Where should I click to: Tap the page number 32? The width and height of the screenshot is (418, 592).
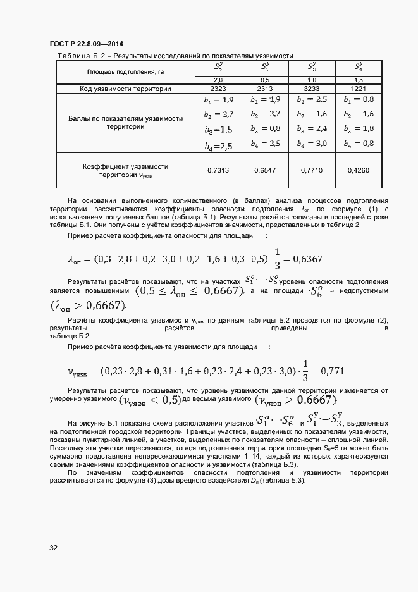tap(54, 548)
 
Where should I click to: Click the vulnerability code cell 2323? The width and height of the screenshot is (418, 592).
tap(218, 89)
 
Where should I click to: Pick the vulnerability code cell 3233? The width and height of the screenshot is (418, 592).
tap(312, 89)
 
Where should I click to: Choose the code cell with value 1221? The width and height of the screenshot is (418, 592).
tap(359, 89)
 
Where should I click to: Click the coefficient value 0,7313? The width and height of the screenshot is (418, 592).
tap(218, 170)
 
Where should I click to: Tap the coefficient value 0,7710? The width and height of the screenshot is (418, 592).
tap(312, 170)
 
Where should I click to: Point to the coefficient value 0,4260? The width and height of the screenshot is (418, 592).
tap(359, 170)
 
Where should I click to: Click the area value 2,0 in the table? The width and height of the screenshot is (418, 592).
tap(218, 80)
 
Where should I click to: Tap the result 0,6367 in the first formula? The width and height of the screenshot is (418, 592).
tap(305, 259)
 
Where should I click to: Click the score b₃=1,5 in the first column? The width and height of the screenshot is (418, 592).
tap(218, 130)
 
